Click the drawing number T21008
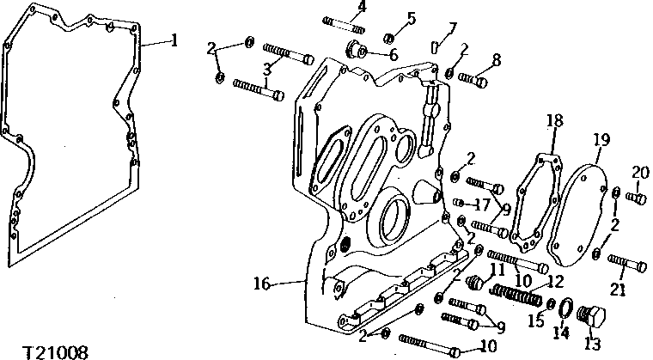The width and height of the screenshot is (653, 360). [55, 352]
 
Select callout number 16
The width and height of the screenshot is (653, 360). [262, 284]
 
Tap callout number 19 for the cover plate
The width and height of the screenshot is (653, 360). [601, 140]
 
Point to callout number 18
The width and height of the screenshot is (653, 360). [554, 121]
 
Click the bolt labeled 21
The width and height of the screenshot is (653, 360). [627, 263]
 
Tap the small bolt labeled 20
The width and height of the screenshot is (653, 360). [637, 198]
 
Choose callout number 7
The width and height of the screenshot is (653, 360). [453, 28]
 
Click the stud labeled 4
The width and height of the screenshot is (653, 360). [344, 25]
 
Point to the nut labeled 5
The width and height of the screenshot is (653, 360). [388, 39]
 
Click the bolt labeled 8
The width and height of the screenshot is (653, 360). [473, 79]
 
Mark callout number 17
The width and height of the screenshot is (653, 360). [481, 204]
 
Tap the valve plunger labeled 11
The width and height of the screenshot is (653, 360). [474, 283]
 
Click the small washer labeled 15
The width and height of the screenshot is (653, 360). [551, 304]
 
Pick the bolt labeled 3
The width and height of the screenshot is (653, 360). [288, 55]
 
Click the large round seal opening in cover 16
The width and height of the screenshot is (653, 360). [394, 220]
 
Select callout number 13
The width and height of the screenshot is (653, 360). [592, 344]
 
